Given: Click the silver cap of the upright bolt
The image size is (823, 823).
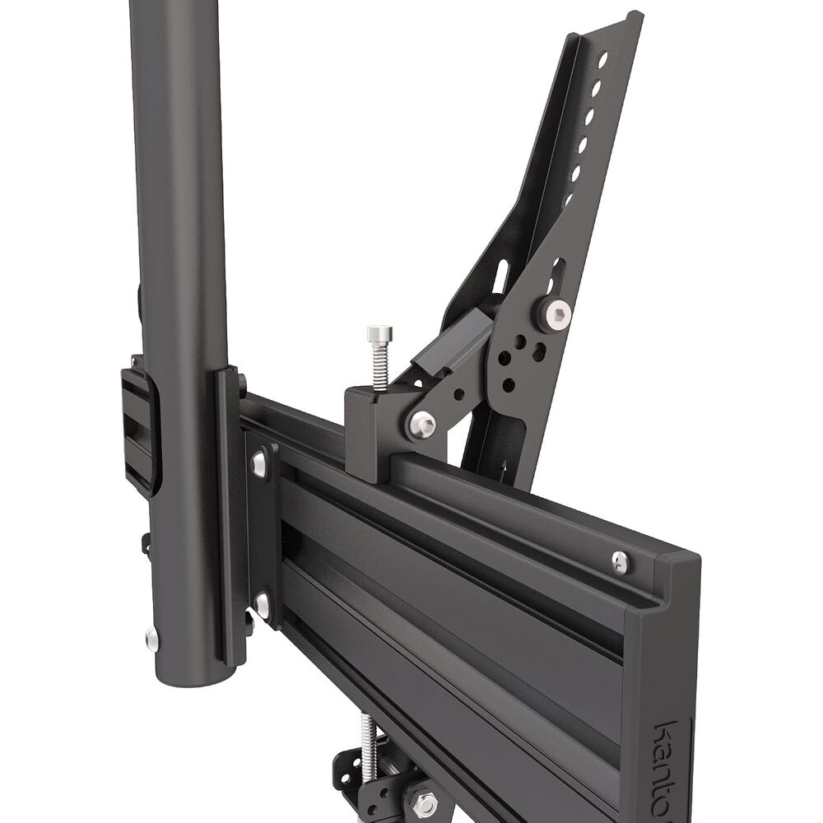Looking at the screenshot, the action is [379, 334].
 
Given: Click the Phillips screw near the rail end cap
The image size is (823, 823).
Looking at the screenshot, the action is [621, 560].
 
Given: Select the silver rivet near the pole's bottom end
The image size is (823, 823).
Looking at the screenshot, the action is [152, 637].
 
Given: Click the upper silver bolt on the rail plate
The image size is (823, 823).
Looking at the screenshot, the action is [258, 462].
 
